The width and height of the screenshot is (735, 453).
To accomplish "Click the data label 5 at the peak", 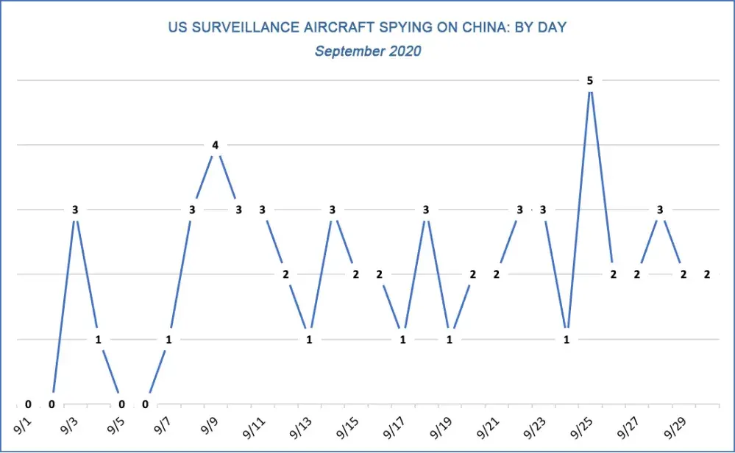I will point(590,81).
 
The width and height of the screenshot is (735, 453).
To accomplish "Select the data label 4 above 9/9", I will point(215,146).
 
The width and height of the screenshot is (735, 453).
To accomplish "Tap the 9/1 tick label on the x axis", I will point(24,424).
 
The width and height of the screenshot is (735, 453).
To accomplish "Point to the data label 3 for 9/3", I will point(75,210).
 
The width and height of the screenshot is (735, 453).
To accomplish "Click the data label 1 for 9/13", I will point(309,340).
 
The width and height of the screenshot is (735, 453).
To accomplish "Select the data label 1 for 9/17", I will point(402,340).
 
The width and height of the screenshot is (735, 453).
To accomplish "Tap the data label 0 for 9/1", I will point(28,404).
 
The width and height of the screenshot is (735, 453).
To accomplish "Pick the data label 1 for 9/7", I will point(168,340).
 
